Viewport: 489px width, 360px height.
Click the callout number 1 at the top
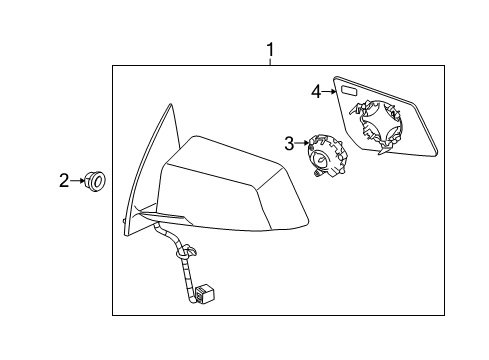pos(269,49)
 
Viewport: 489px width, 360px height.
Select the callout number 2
pos(64,181)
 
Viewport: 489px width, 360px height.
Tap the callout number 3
pos(288,144)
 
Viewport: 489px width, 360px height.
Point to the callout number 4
pos(316,92)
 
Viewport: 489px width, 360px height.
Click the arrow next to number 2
pos(78,181)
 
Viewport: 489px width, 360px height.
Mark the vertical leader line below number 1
pos(269,61)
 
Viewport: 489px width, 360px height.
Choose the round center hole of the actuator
pos(323,156)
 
